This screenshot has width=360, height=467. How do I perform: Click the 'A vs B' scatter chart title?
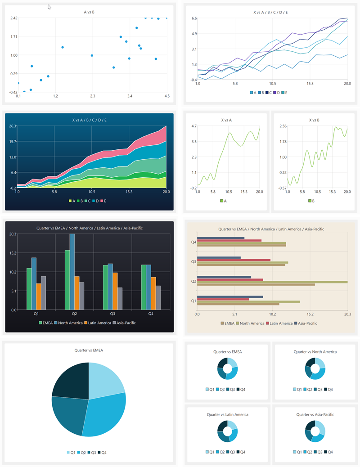[89, 12]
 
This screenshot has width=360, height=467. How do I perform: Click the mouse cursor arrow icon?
[49, 7]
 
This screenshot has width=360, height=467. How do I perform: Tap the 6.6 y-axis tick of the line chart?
[194, 18]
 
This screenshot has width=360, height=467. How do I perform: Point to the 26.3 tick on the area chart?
[12, 126]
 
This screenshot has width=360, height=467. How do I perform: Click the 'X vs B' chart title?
[316, 120]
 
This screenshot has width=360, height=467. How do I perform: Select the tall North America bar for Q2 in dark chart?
[72, 271]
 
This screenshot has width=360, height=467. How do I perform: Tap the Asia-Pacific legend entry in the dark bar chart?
[124, 323]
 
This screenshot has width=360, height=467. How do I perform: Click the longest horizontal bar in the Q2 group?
[272, 282]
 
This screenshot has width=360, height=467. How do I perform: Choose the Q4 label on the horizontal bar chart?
[193, 242]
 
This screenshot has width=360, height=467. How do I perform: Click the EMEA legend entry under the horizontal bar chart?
[228, 323]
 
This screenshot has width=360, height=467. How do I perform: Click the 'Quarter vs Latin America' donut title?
[227, 414]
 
